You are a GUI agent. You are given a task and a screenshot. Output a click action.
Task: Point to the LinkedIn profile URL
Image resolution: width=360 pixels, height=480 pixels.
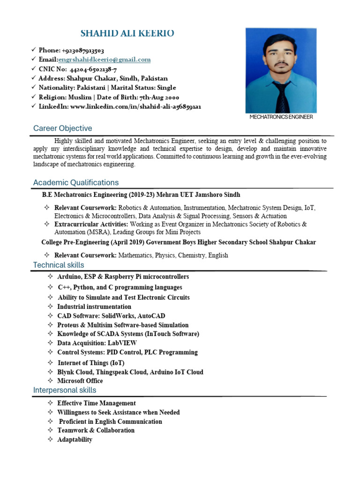135,106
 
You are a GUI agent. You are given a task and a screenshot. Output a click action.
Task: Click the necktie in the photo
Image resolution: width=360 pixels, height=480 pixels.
282,96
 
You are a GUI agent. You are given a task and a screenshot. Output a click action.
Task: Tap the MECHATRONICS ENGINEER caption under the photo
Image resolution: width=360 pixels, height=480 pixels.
281,117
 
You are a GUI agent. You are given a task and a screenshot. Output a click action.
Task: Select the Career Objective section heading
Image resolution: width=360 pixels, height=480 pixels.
62,128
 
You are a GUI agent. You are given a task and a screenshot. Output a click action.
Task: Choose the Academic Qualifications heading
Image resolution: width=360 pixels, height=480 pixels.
75,182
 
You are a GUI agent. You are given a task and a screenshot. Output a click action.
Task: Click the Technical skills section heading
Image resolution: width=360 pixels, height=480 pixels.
59,265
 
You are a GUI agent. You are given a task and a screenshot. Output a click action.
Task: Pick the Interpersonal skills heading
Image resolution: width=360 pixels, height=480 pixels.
64,390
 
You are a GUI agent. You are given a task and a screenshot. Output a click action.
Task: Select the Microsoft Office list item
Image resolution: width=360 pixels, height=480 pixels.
80,381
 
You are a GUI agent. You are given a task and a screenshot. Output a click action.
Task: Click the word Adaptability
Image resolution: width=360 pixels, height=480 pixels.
75,440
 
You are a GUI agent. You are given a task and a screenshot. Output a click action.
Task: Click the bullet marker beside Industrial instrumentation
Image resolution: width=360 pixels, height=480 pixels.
50,307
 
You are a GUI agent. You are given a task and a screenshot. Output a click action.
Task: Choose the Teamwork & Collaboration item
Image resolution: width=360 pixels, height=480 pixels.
96,430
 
